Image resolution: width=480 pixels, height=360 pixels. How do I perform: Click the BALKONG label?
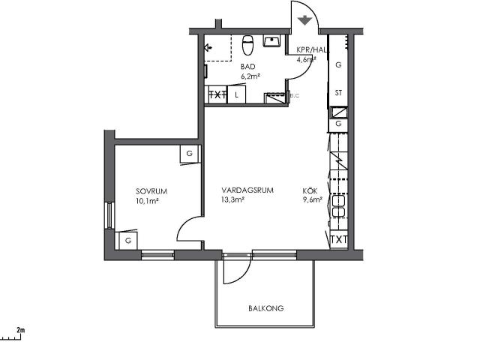click(x=265, y=308)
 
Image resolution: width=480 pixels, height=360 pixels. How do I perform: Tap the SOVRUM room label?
click(x=151, y=191)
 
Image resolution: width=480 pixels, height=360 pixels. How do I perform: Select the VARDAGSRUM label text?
click(x=247, y=190)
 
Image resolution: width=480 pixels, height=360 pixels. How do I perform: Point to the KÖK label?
click(x=310, y=190)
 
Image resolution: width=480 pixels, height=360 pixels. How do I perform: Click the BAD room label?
click(x=247, y=67)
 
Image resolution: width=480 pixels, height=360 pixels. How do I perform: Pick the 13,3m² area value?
click(x=232, y=200)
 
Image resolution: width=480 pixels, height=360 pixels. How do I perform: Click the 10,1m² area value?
click(x=147, y=201)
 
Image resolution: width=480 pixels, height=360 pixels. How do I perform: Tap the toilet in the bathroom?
click(x=247, y=45)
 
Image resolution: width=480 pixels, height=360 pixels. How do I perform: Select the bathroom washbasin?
click(x=271, y=40)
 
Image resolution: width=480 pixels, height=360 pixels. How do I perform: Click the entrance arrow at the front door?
click(x=304, y=20)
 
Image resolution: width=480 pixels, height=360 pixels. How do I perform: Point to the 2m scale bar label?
click(x=21, y=330)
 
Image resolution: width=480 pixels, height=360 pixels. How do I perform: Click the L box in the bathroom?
click(x=236, y=94)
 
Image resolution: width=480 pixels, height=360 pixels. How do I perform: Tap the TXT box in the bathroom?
click(x=217, y=94)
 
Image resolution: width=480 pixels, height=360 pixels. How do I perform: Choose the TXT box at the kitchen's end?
click(x=339, y=240)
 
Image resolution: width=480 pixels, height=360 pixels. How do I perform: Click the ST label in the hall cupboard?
click(x=338, y=92)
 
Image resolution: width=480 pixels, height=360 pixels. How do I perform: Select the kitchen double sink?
click(x=338, y=206)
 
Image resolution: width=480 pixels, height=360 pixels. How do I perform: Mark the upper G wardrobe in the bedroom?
click(x=190, y=154)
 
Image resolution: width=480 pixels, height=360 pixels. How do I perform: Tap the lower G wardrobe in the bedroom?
click(x=128, y=241)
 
